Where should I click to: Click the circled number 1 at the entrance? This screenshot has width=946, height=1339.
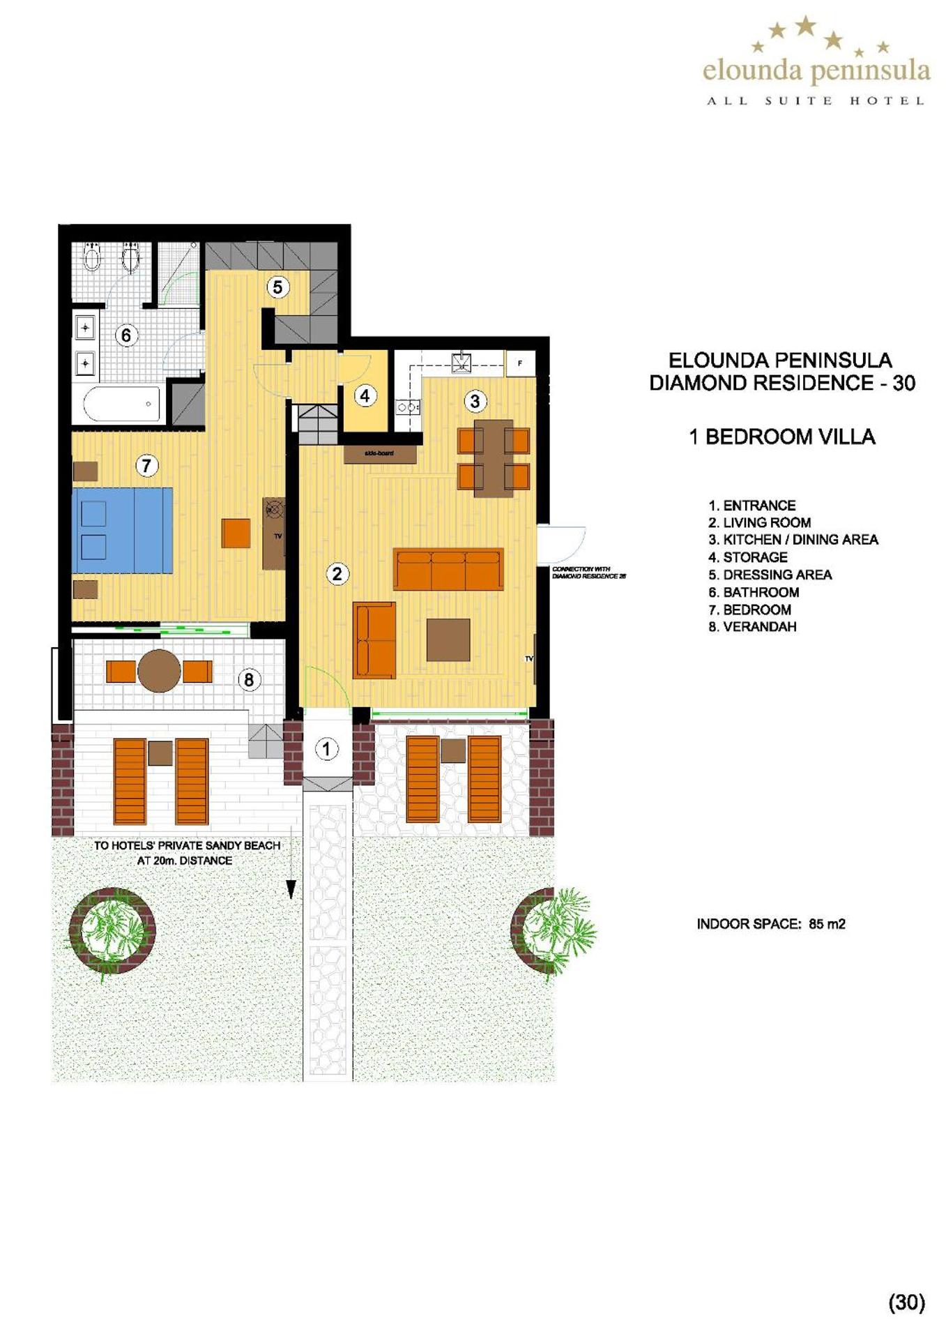tap(326, 749)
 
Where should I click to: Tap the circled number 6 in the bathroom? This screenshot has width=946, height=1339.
tap(126, 335)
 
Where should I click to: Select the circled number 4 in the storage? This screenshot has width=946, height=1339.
tap(365, 396)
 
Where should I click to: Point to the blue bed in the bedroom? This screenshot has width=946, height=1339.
tap(123, 530)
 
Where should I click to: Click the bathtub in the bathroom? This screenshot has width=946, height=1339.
tap(121, 404)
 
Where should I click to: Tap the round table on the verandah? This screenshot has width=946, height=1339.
tap(160, 671)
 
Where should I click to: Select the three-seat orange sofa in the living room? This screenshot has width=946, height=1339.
tap(448, 569)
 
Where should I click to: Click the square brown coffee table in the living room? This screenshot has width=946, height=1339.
tap(448, 640)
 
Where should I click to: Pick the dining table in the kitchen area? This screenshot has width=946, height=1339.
tap(494, 457)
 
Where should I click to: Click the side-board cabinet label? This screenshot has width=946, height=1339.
tap(380, 453)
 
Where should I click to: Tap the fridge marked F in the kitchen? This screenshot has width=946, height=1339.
tap(520, 364)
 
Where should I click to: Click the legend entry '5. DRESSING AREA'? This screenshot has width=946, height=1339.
tap(770, 575)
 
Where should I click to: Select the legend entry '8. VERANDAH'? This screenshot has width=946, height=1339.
tap(752, 626)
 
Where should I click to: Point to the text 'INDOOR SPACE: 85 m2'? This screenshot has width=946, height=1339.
tap(771, 924)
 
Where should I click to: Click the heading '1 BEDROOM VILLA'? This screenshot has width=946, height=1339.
tap(782, 437)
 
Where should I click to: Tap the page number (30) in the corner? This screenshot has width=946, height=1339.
tap(906, 1302)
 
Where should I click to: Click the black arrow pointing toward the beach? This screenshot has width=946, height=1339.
tap(291, 888)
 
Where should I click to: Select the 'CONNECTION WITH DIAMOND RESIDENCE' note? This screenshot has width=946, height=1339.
tap(588, 573)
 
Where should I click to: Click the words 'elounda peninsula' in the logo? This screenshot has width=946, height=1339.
tap(816, 70)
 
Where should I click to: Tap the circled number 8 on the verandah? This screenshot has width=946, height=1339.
tap(249, 679)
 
